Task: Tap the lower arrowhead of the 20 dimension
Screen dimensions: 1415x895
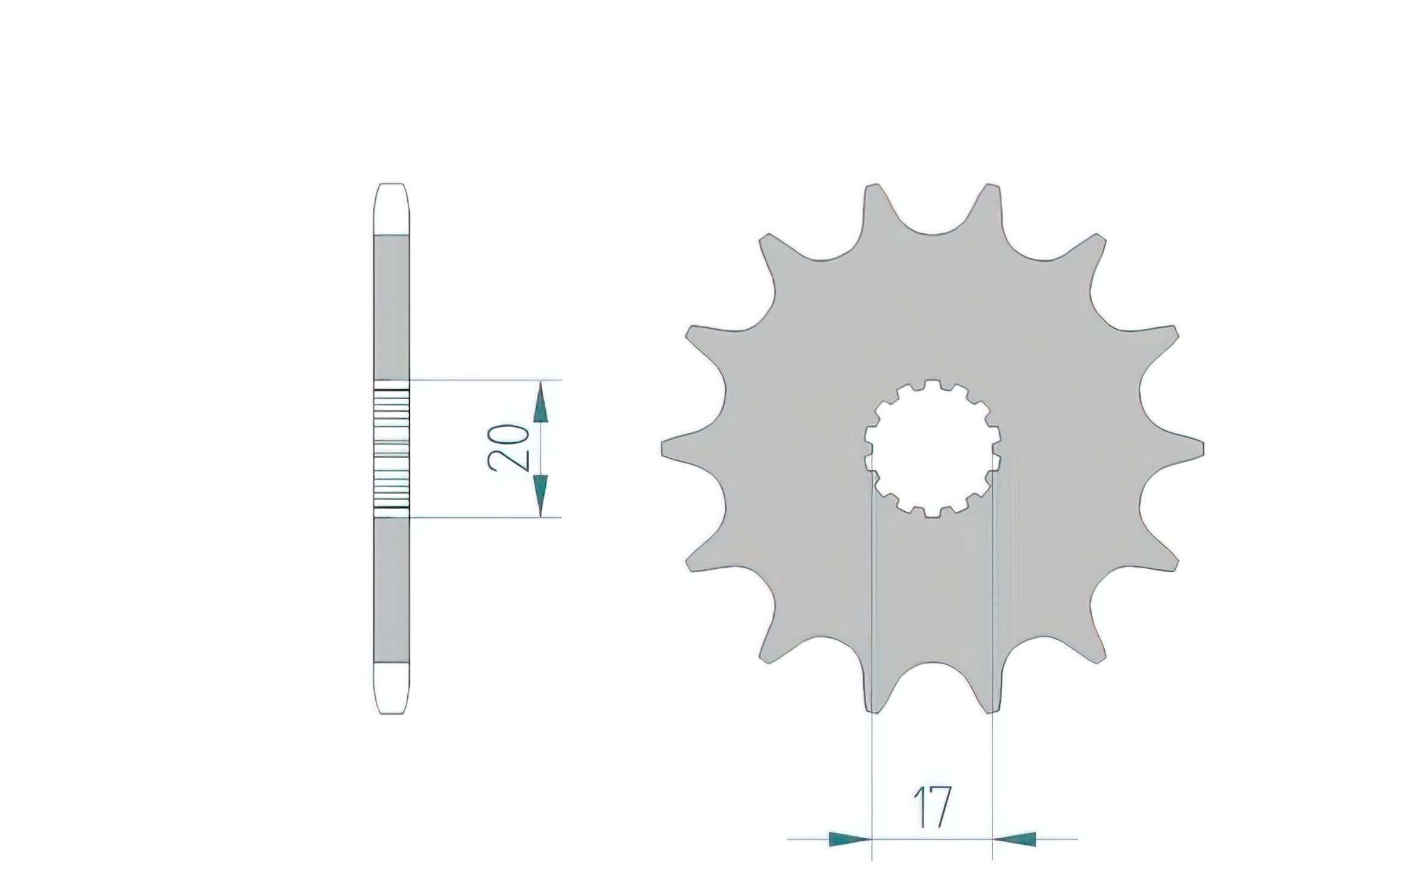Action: (540, 495)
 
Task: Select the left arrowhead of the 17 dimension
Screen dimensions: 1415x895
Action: (851, 840)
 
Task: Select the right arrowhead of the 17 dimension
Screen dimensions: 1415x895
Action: (1014, 840)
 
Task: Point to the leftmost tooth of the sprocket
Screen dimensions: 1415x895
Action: (692, 448)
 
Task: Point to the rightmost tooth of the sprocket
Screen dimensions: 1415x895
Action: (1173, 448)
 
